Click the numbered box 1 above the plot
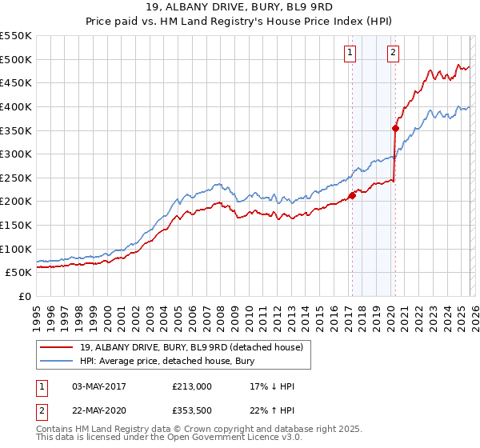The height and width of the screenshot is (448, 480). click(350, 54)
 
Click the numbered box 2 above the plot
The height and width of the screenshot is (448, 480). click(394, 54)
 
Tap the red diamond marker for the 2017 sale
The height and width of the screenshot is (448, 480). click(352, 195)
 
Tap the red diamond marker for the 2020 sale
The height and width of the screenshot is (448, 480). click(395, 128)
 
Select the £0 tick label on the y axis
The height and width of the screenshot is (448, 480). click(25, 296)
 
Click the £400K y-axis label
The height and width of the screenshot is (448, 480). click(16, 106)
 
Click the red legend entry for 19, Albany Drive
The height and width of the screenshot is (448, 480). click(191, 347)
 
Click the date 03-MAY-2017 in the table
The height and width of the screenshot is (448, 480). click(96, 386)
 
